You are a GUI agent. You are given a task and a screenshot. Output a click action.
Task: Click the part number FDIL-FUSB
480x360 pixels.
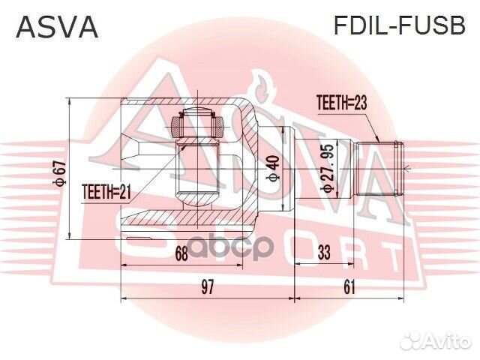399,27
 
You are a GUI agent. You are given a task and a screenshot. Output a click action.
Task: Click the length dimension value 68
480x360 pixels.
181,253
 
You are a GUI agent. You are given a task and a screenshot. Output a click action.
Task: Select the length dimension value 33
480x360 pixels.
324,253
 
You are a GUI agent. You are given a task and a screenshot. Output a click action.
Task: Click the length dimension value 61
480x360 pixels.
350,286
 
